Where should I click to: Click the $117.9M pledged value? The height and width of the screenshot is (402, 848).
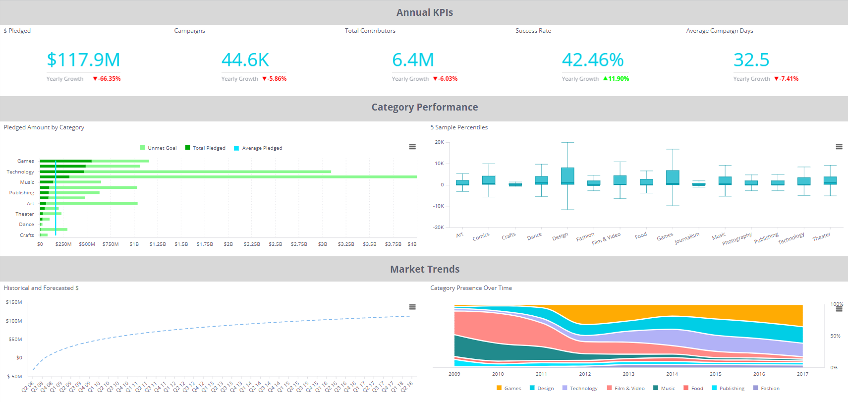(83, 60)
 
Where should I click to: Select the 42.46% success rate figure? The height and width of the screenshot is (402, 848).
(593, 60)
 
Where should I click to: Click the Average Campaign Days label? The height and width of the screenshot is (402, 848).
(719, 31)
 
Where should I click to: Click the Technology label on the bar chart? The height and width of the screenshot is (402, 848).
(20, 172)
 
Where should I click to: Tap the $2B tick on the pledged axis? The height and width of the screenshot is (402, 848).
(228, 244)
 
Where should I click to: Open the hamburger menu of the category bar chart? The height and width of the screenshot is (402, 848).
(412, 147)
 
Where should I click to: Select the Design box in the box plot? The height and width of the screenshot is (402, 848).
(567, 176)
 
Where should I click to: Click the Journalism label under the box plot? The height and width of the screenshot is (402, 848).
(687, 238)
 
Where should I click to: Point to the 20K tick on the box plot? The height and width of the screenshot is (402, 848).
(439, 142)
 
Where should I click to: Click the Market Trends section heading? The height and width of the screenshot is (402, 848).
(424, 269)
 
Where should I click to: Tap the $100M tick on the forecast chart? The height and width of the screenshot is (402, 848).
(14, 321)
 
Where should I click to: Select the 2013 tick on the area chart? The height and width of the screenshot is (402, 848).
(628, 374)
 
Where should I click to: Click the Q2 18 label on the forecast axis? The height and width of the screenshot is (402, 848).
(407, 387)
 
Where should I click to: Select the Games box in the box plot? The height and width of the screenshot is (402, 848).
(673, 177)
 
